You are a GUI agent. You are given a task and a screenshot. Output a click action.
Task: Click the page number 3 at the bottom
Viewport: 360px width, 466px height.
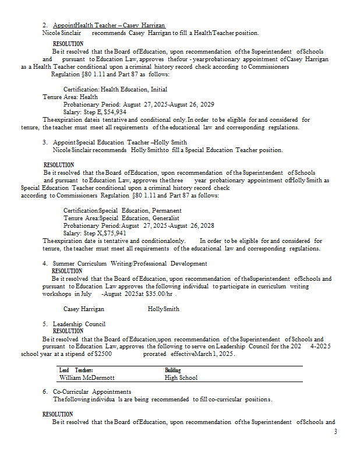(335, 432)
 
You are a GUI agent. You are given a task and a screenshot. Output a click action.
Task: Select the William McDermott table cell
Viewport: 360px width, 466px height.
(87, 377)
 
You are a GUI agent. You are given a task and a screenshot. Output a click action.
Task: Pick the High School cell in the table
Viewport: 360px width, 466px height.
(181, 377)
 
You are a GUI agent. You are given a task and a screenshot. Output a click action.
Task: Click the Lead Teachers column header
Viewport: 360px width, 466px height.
(76, 370)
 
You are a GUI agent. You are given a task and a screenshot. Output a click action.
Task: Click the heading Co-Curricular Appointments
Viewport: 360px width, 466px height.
(92, 391)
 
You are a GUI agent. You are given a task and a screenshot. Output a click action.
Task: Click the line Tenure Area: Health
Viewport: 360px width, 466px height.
(70, 97)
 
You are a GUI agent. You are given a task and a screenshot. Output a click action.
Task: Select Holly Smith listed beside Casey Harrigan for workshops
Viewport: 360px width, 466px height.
(164, 309)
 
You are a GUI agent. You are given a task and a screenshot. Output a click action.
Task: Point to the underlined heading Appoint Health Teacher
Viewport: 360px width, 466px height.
(110, 26)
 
